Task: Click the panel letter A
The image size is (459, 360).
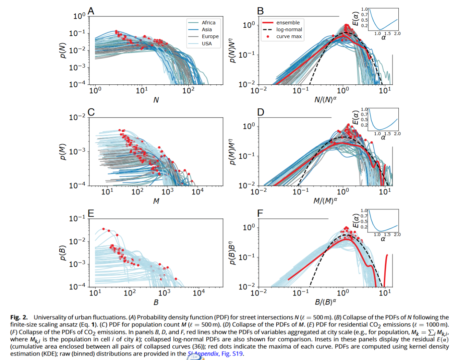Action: click(x=91, y=11)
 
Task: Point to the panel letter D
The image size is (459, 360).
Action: click(x=261, y=112)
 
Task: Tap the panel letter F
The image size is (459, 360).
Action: click(x=260, y=213)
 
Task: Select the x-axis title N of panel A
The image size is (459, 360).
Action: click(x=156, y=100)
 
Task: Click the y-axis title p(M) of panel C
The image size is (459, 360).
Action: click(x=62, y=152)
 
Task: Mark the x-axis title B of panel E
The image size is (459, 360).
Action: click(x=156, y=302)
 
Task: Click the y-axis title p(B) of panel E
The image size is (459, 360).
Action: click(x=62, y=253)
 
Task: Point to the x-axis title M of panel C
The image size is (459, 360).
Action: click(x=156, y=201)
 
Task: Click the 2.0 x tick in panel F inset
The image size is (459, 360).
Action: click(x=397, y=235)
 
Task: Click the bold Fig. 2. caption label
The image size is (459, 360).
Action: click(x=19, y=317)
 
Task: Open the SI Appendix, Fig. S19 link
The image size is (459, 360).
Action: click(x=216, y=353)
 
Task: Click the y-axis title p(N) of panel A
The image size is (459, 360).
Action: click(x=62, y=50)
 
